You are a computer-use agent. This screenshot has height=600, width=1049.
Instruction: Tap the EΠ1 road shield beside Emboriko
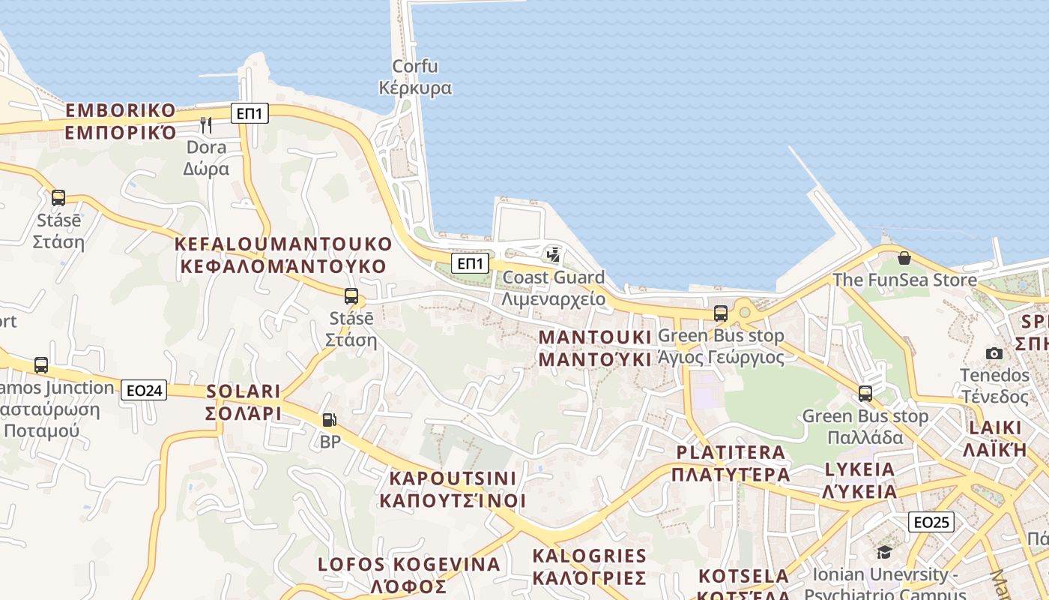click(x=249, y=113)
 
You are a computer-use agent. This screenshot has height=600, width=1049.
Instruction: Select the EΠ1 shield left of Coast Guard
click(x=470, y=263)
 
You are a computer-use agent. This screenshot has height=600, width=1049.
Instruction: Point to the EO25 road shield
click(x=931, y=522)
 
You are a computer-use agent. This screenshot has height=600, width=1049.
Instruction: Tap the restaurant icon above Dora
click(x=206, y=124)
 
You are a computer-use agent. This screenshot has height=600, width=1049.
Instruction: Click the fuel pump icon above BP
click(x=329, y=420)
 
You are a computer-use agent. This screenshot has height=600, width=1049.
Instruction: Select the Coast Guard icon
click(x=553, y=255)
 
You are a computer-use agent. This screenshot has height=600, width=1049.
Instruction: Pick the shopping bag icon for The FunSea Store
click(x=904, y=259)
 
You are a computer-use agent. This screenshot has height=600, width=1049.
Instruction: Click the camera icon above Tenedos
click(x=994, y=353)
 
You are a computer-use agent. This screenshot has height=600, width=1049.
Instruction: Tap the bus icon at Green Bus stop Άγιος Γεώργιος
click(x=721, y=313)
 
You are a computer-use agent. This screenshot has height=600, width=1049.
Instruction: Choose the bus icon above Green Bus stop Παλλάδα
click(x=865, y=394)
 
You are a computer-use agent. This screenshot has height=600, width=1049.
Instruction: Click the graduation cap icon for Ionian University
click(x=884, y=553)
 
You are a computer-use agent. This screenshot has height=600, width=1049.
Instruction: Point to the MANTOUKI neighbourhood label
click(x=595, y=347)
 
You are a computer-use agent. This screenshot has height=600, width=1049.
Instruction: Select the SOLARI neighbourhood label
click(x=244, y=401)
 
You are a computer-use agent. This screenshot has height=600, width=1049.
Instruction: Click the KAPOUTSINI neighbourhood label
click(x=453, y=489)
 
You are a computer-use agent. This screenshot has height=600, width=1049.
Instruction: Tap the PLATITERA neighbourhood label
click(x=731, y=463)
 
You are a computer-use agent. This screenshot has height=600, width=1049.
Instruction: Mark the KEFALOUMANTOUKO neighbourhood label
click(x=283, y=255)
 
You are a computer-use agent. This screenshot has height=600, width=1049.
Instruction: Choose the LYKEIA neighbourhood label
click(x=859, y=481)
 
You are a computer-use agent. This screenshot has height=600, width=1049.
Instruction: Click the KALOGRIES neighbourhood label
click(x=589, y=566)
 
